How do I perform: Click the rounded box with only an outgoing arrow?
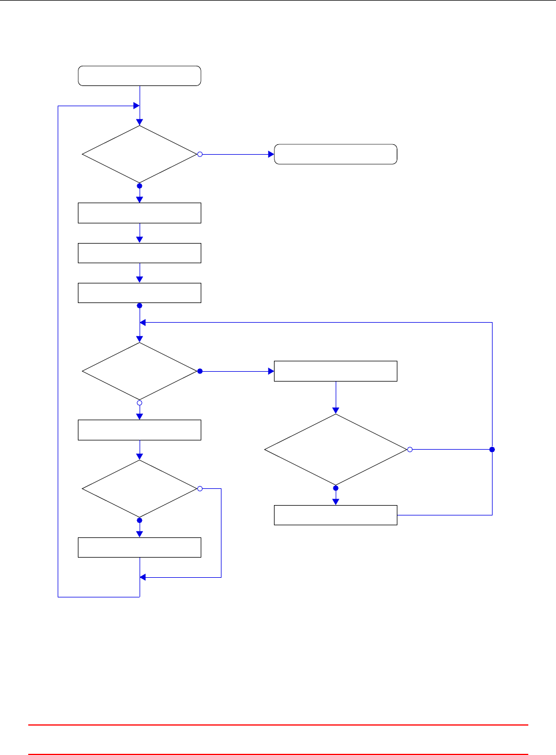click(x=140, y=76)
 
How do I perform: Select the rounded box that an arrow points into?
click(x=335, y=154)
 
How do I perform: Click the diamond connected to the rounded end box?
click(x=140, y=154)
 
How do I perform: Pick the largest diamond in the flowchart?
click(x=336, y=449)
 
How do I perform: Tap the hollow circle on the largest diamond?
click(x=410, y=449)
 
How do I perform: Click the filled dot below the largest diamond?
click(x=336, y=488)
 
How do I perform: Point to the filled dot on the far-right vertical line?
click(x=492, y=449)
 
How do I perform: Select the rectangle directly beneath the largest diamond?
click(x=335, y=515)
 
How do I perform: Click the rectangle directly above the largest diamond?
click(x=335, y=371)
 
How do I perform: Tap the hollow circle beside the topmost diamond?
click(x=200, y=154)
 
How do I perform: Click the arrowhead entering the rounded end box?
click(x=271, y=154)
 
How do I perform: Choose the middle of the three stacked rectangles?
click(x=140, y=253)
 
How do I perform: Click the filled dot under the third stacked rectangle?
click(x=140, y=305)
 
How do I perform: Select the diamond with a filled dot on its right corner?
click(x=140, y=371)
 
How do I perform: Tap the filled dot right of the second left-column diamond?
click(x=200, y=371)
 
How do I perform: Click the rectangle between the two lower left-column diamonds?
click(x=140, y=430)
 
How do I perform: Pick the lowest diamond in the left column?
click(x=140, y=488)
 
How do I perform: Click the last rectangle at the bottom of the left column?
click(x=140, y=547)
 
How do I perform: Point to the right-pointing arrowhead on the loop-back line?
click(x=137, y=106)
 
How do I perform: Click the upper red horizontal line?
click(x=278, y=724)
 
